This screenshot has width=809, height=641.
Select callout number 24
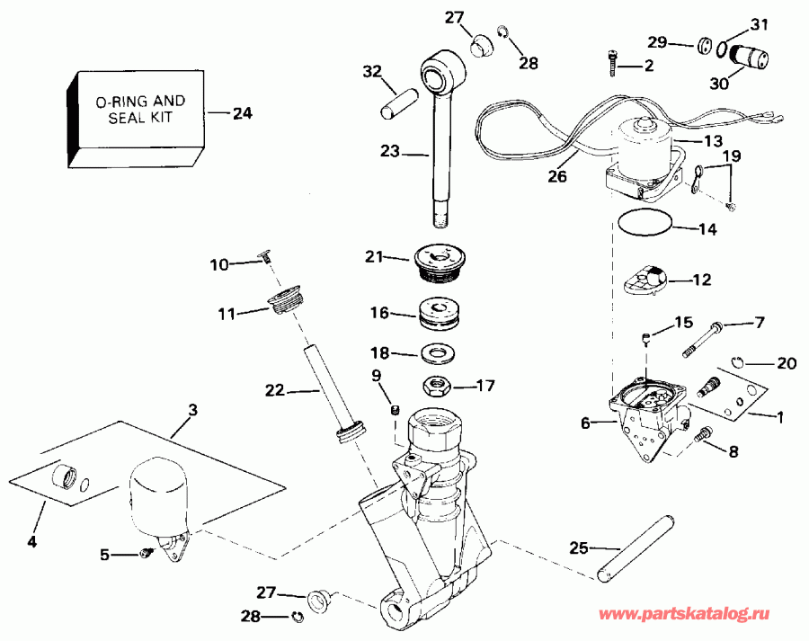tap(242, 114)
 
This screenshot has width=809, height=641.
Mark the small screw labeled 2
tap(611, 61)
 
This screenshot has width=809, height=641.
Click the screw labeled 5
tap(143, 556)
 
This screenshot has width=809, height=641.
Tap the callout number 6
tap(585, 423)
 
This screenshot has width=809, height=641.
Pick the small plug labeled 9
tap(395, 411)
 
